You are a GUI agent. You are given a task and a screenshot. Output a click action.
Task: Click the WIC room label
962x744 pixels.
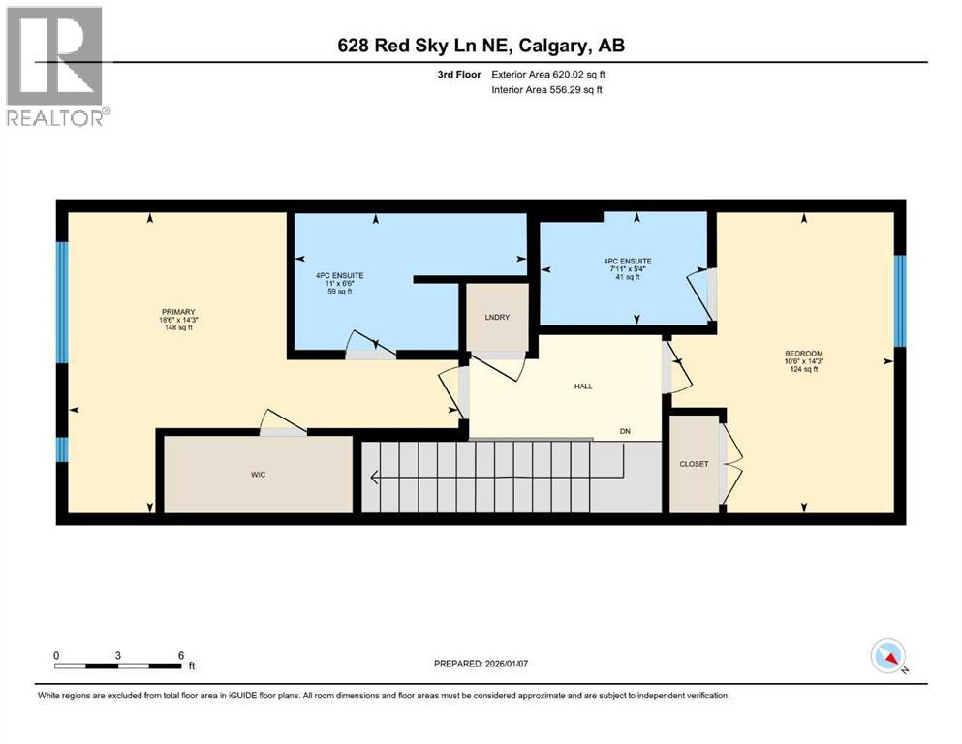coord(257,475)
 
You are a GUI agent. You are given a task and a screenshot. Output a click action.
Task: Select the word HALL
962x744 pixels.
coord(582,386)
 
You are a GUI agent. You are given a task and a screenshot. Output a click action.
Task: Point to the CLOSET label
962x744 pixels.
coord(694,464)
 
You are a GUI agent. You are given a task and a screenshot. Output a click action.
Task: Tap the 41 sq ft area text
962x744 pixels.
coord(627,277)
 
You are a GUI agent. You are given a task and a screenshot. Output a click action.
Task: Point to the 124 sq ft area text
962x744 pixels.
coord(804,369)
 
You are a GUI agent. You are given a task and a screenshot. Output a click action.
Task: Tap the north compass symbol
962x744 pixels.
coord(888,657)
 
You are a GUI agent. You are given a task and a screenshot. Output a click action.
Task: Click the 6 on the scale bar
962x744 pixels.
coord(181,655)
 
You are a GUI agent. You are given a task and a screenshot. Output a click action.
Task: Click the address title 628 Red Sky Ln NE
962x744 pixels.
coord(481,45)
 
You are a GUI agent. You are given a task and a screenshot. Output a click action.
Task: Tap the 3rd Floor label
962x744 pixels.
coord(457,74)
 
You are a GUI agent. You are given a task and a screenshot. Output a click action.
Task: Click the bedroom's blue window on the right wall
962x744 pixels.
coord(898,300)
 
